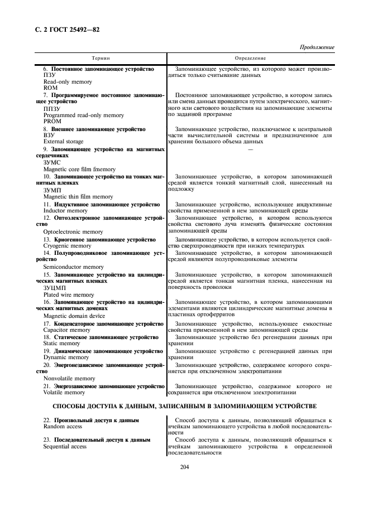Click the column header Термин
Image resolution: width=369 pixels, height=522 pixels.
click(101, 58)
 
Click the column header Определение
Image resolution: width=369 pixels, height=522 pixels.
click(250, 58)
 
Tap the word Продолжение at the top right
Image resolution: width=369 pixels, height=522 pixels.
click(317, 47)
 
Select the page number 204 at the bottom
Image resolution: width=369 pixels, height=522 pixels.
click(185, 467)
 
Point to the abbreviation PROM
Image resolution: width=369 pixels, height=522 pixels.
click(52, 121)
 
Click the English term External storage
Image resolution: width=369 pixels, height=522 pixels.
click(63, 142)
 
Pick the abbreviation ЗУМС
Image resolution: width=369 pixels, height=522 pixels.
click(52, 162)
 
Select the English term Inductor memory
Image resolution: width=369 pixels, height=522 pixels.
click(65, 211)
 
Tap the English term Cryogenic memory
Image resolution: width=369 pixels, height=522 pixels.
click(67, 245)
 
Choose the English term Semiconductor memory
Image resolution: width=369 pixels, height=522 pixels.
click(74, 267)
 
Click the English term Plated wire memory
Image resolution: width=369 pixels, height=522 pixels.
click(69, 294)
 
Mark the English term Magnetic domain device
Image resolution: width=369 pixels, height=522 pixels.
click(74, 316)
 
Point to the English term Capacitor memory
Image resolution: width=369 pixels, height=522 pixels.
click(66, 330)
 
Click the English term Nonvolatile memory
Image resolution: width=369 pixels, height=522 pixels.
click(69, 378)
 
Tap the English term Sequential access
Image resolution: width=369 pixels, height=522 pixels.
click(65, 447)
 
